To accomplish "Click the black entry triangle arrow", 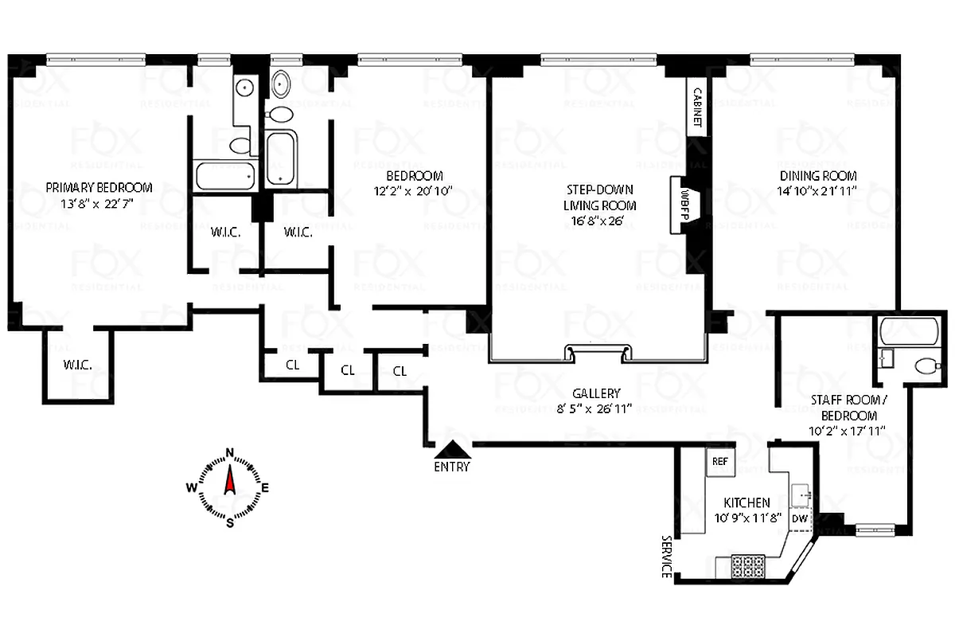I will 451,451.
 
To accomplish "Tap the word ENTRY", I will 451,467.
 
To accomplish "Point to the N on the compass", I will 230,454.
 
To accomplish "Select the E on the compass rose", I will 265,488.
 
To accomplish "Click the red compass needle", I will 230,482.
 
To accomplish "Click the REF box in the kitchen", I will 720,461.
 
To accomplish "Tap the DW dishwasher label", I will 800,518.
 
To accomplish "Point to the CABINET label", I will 697,107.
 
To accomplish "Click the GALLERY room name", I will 595,393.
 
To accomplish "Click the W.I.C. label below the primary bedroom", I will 78,365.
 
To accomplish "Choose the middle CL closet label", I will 348,370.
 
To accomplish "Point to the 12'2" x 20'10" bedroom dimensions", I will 414,191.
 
